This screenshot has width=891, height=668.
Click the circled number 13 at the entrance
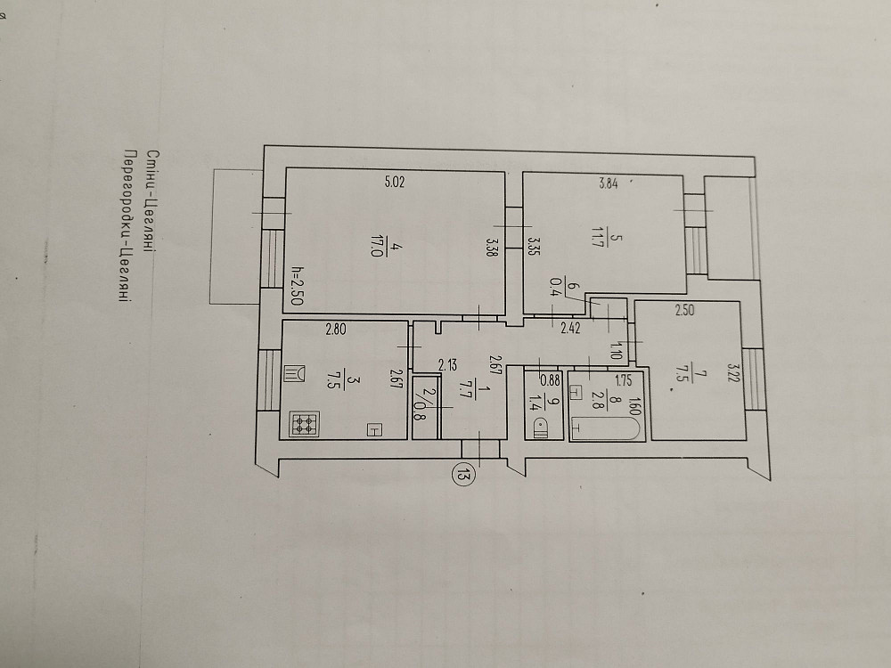(462, 471)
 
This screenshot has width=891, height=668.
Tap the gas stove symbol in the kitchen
(304, 424)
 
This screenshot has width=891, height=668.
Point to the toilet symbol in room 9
(540, 428)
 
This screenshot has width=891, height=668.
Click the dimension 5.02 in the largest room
(395, 183)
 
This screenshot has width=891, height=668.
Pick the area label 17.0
(375, 250)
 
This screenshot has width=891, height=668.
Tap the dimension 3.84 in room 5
(608, 183)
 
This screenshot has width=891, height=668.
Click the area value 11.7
(596, 239)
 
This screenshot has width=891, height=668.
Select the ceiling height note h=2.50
(296, 286)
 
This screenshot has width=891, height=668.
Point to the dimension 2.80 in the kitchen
(335, 329)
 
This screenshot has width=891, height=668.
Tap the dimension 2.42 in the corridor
(570, 328)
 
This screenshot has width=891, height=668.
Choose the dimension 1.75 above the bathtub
(624, 380)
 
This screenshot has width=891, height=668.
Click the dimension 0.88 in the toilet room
(550, 380)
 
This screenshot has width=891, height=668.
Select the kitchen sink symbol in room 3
(294, 374)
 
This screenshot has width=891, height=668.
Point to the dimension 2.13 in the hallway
(447, 364)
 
